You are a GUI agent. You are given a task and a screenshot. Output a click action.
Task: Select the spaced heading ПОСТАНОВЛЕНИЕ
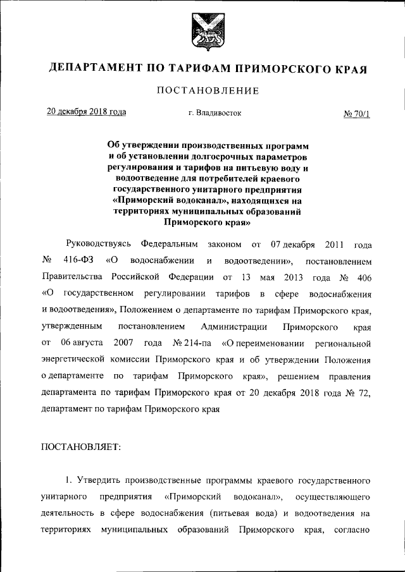202,91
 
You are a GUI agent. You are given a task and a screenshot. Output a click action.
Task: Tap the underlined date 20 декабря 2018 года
86,112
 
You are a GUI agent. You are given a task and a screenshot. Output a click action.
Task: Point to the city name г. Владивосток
210,113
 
